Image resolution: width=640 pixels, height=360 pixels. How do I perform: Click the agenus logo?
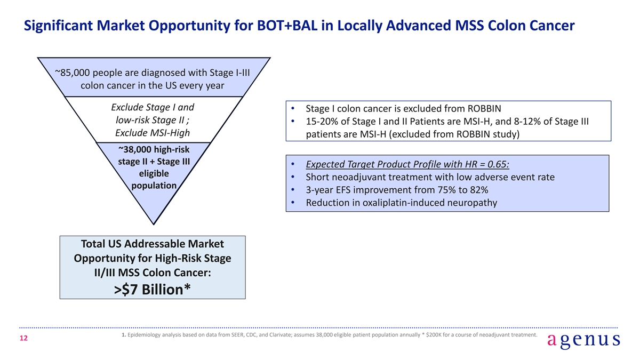click(583, 341)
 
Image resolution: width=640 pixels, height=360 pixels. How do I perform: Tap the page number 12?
click(23, 338)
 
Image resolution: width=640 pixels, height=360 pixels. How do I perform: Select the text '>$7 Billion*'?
click(153, 290)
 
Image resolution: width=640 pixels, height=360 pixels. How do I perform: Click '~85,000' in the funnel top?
click(73, 73)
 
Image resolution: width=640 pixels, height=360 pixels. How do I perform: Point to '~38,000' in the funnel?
click(134, 149)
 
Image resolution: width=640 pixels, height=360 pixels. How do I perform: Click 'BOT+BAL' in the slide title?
click(287, 26)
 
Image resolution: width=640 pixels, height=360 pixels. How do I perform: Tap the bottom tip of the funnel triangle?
click(154, 225)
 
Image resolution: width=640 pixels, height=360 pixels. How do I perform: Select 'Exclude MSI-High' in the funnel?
click(153, 133)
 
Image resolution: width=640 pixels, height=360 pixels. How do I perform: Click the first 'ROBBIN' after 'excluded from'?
click(484, 109)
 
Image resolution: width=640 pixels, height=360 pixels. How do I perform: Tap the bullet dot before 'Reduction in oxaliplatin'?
click(293, 203)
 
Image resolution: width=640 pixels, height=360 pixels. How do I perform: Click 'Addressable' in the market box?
click(155, 244)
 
